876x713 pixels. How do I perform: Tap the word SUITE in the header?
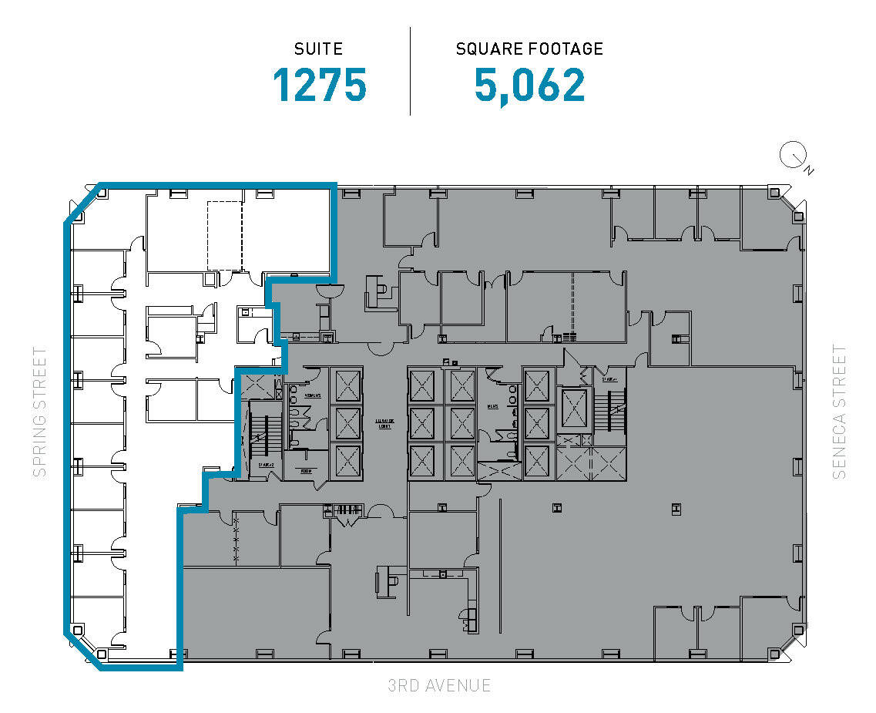coord(319,49)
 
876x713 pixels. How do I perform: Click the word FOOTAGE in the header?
coord(564,49)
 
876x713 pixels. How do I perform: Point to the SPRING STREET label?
coord(40,412)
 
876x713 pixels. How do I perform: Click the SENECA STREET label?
coord(839,412)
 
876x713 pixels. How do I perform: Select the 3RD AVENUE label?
coord(439,685)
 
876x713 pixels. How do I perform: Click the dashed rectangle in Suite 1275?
coord(224,236)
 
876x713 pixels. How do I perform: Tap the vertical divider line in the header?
coord(410,71)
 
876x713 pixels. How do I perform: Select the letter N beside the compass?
coord(807,170)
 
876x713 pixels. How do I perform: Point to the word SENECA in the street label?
coord(839,449)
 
